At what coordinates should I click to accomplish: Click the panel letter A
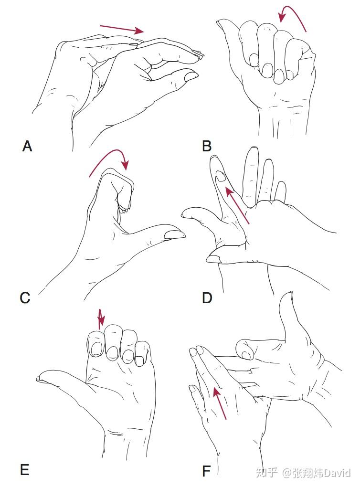(x=27, y=146)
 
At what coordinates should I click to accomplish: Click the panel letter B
(x=207, y=146)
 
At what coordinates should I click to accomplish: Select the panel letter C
(x=25, y=298)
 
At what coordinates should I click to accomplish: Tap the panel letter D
(x=207, y=298)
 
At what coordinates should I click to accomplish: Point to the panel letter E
(x=24, y=470)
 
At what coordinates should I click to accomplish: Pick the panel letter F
(x=206, y=471)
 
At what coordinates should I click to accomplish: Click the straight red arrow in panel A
(x=122, y=29)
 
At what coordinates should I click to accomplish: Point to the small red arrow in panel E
(x=100, y=318)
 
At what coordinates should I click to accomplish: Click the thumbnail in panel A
(x=191, y=76)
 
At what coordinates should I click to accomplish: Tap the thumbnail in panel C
(x=174, y=234)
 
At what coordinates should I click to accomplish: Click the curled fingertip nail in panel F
(x=247, y=355)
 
